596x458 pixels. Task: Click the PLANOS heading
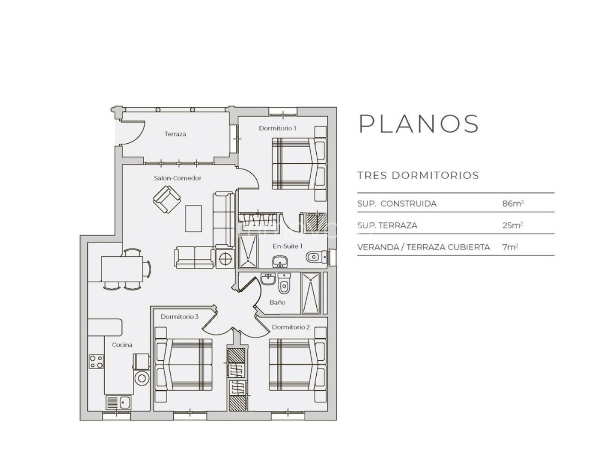point(419,124)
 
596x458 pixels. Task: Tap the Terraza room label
point(175,134)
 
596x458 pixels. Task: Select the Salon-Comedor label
point(178,178)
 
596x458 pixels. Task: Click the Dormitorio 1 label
point(278,128)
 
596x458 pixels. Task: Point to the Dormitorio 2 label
point(291,327)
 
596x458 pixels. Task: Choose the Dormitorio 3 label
point(180,316)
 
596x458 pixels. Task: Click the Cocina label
point(122,345)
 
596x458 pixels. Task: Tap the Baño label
point(277,302)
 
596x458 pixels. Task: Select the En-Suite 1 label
point(287,246)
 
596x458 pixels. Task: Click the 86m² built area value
point(513,203)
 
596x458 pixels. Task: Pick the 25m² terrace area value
point(513,225)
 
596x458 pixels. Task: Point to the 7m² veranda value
point(510,247)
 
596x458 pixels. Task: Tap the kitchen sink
point(119,403)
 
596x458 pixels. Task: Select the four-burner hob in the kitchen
point(96,362)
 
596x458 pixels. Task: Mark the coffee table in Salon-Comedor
point(194,219)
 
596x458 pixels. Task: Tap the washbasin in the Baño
point(268,279)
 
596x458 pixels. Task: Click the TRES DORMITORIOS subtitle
point(418,175)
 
